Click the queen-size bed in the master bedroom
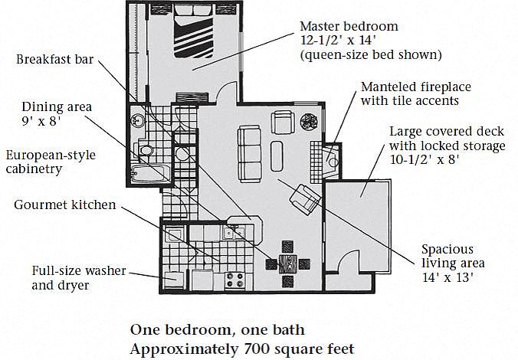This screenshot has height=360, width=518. [x=194, y=31]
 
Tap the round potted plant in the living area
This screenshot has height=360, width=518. [x=309, y=121]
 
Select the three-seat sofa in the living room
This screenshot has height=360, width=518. [x=249, y=154]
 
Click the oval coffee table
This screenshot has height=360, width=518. [x=277, y=156]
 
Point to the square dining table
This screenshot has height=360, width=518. [x=288, y=263]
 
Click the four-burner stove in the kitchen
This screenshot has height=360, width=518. [x=234, y=280]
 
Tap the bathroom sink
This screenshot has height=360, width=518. [x=136, y=120]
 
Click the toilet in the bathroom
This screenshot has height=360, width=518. [x=143, y=151]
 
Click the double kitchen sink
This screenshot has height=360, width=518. [x=234, y=233]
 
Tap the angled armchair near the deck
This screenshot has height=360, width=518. [x=305, y=199]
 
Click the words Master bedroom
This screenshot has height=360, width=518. [x=349, y=26]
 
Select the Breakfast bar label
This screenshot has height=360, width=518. [x=55, y=60]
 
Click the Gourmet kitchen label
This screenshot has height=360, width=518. [x=64, y=205]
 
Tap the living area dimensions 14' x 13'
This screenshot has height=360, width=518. [x=448, y=277]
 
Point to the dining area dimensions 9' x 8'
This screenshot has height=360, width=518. [x=41, y=121]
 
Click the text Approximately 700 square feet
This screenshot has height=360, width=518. [x=242, y=349]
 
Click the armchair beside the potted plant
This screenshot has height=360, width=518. [x=283, y=122]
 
